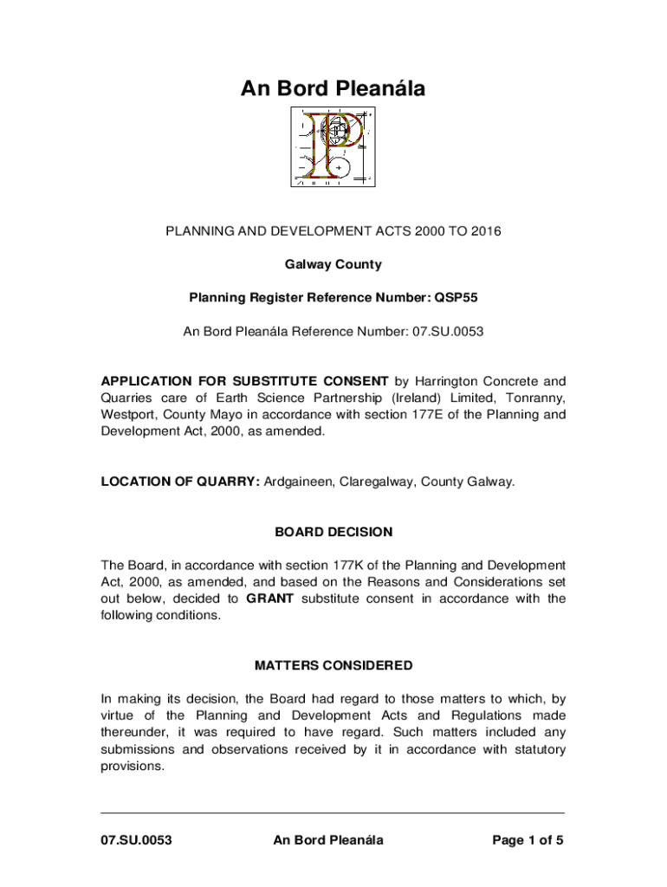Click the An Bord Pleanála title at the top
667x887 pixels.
point(333,88)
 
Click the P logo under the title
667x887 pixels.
point(333,148)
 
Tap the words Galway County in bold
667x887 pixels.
point(333,264)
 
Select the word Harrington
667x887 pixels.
point(445,381)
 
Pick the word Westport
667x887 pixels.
point(129,414)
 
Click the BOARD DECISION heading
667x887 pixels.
point(333,532)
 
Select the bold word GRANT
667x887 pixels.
point(271,599)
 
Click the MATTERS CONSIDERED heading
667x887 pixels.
point(333,666)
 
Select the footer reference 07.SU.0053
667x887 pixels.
point(137,840)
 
